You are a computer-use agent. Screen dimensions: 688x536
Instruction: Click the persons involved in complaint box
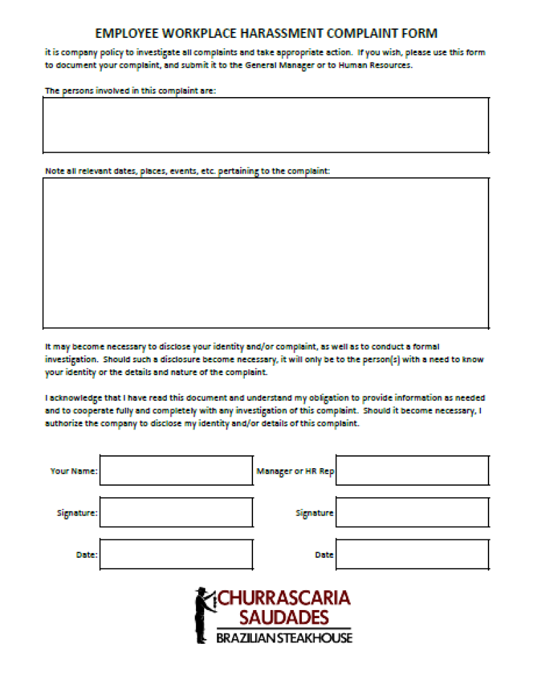point(265,125)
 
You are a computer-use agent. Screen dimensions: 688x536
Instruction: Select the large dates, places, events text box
point(265,252)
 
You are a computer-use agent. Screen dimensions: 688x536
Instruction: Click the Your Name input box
point(176,470)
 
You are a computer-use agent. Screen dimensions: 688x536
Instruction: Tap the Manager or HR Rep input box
point(412,470)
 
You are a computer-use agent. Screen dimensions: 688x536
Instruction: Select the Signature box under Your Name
point(176,513)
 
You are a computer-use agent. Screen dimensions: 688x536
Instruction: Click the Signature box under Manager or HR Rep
point(412,513)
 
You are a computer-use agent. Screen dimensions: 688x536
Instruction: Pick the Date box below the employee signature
point(176,554)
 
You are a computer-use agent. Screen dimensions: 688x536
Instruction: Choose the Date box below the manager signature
point(412,554)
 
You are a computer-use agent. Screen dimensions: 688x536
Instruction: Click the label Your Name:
point(74,471)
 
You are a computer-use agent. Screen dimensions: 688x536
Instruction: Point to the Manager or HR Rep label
point(295,471)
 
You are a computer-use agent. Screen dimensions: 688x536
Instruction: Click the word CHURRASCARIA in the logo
point(285,598)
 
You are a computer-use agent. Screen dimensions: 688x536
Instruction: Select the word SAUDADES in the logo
point(284,617)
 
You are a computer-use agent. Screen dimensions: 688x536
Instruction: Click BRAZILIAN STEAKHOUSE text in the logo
point(284,638)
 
